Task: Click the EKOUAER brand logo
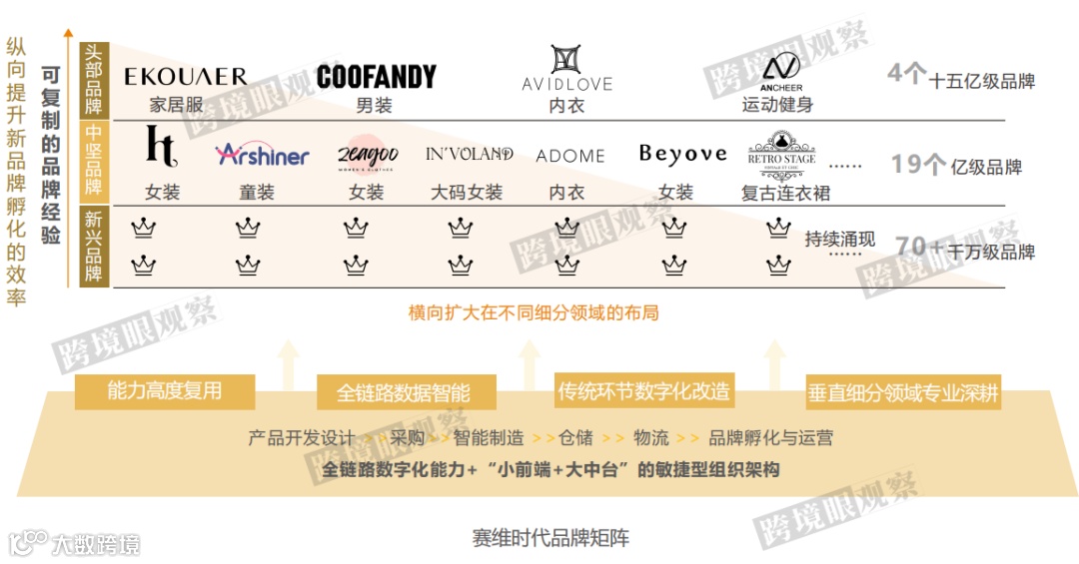186,77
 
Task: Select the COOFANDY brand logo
376,77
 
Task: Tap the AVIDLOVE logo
566,68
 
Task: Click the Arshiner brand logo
262,155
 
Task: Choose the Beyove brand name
682,154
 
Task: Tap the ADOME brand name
570,156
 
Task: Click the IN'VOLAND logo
469,155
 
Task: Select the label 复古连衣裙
786,193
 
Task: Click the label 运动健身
777,104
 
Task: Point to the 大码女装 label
467,192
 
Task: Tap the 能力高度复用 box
165,390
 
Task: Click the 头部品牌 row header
94,80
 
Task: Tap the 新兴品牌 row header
94,247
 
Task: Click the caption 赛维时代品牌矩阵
550,538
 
